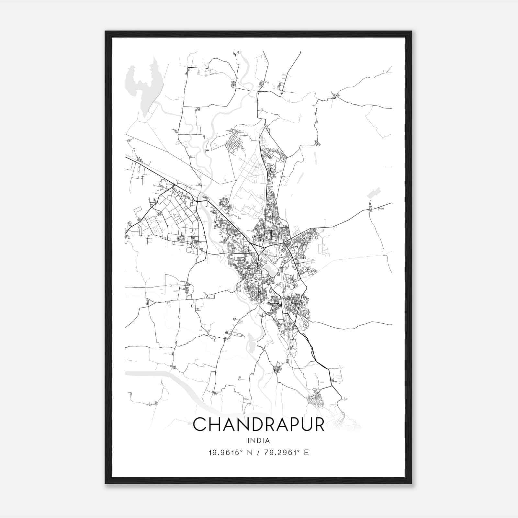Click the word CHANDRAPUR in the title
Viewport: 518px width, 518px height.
point(258,424)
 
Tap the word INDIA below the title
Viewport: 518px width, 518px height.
point(258,441)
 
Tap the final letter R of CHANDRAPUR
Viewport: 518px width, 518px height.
point(318,424)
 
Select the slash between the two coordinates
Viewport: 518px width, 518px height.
point(258,453)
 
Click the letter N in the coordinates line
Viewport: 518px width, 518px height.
point(249,453)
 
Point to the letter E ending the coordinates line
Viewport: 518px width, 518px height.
point(306,453)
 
